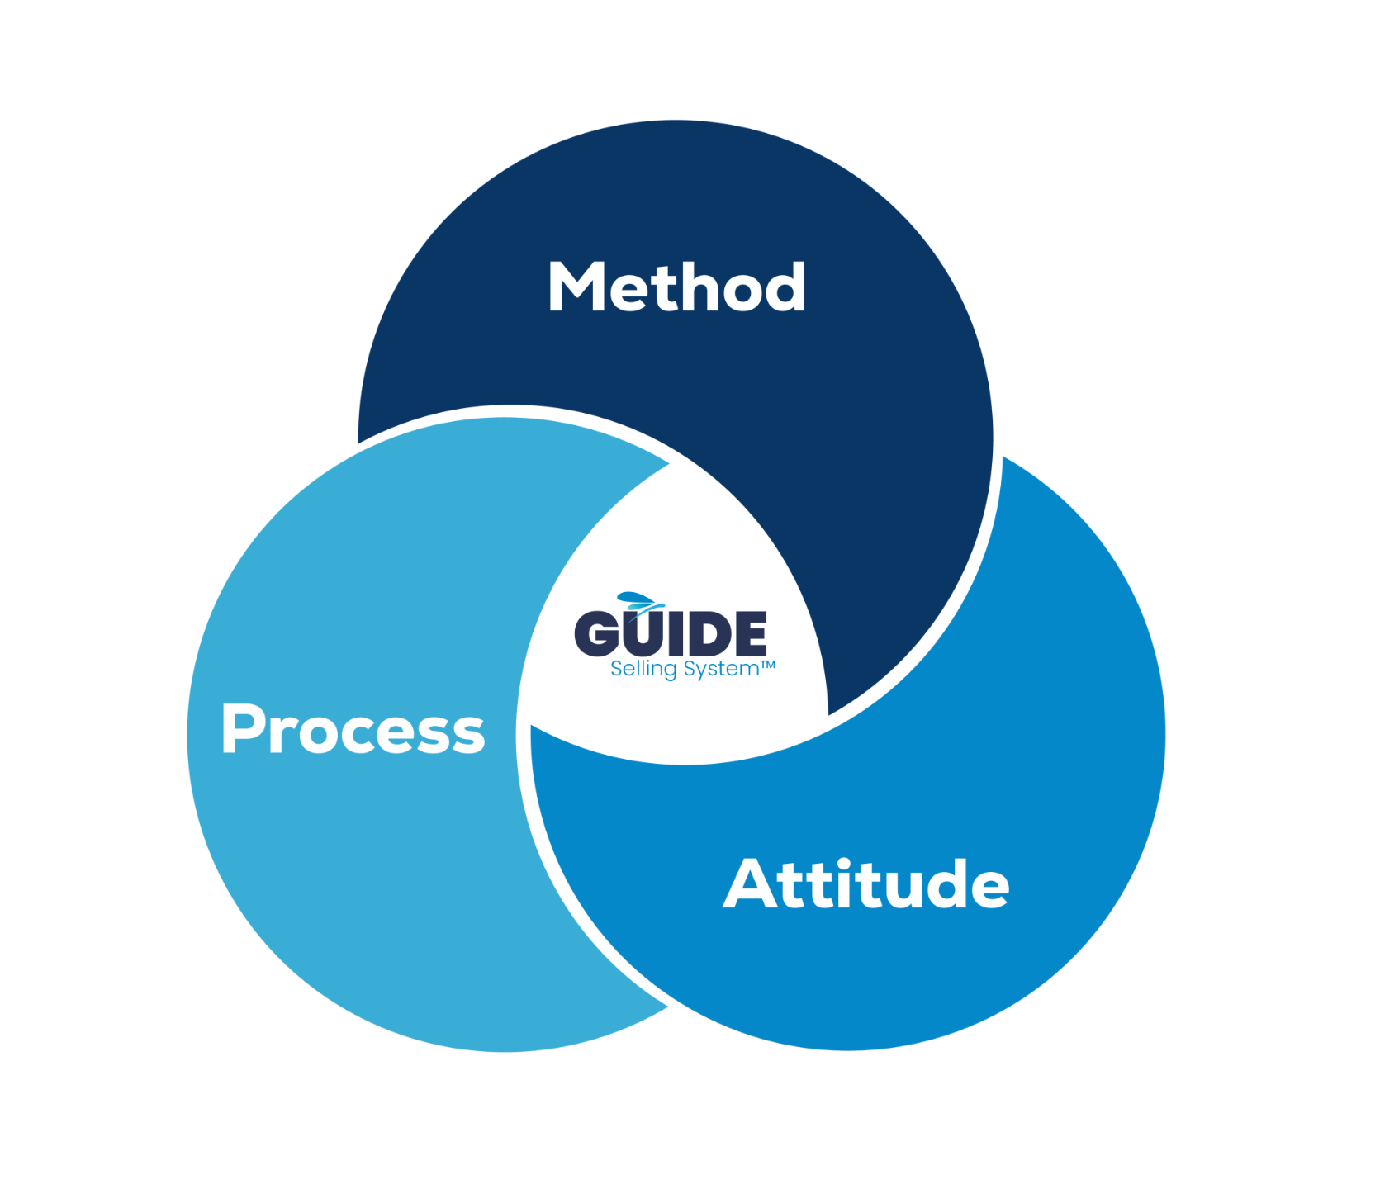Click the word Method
(676, 287)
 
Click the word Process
(353, 729)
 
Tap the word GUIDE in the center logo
(671, 633)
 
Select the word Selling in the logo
(643, 669)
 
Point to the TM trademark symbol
(768, 664)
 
